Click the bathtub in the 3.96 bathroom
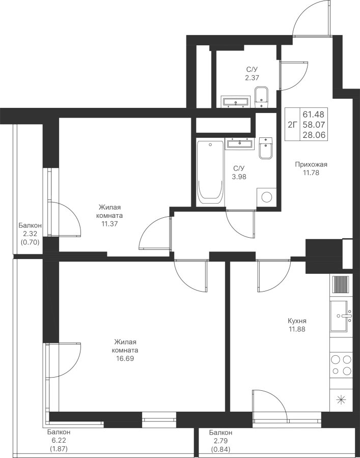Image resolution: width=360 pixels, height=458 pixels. [x=210, y=173]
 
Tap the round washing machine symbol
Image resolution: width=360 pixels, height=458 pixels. [x=266, y=196]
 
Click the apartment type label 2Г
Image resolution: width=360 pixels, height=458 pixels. [x=292, y=123]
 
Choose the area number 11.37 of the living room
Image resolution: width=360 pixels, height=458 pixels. [x=110, y=223]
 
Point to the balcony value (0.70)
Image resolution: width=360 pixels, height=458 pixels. [x=30, y=243]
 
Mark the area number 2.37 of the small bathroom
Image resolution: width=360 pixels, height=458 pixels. [x=251, y=78]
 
